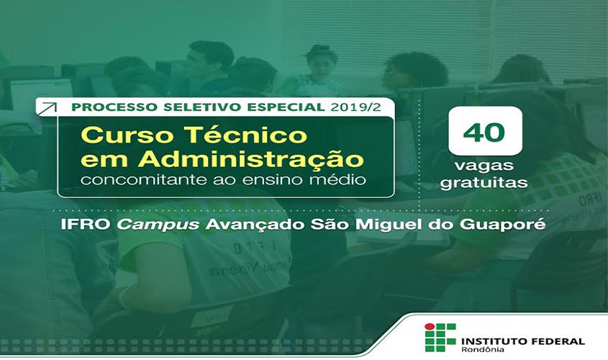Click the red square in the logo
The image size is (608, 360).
(430, 328)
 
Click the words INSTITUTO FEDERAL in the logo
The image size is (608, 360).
(522, 341)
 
